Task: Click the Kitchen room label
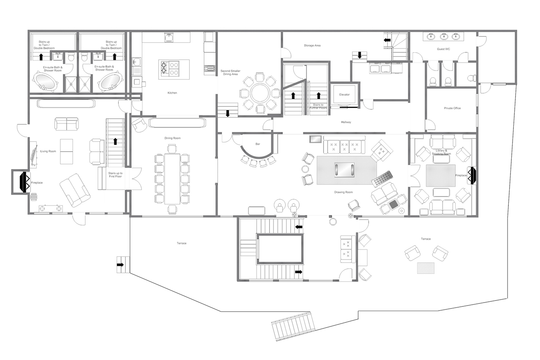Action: (x=172, y=92)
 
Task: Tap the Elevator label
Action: (x=345, y=95)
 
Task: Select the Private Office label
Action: (x=452, y=108)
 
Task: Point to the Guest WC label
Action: (x=443, y=49)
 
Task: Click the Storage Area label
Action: (x=312, y=45)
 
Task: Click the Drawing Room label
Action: (x=344, y=192)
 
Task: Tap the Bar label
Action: (x=258, y=144)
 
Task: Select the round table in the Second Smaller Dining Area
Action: (x=260, y=92)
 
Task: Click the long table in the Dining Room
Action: (x=172, y=178)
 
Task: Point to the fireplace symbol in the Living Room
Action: (x=21, y=181)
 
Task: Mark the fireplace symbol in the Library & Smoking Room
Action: (x=471, y=175)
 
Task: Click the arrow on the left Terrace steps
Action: (x=120, y=265)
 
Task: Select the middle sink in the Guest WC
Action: (x=443, y=37)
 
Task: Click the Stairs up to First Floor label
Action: (x=115, y=175)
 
